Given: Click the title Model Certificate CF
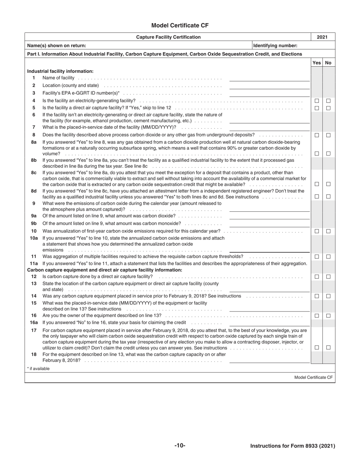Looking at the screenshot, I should pos(180,25).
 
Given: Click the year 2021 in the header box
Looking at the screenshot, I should pos(322,37).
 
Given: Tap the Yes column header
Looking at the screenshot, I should pos(316,63).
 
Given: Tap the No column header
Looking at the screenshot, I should pos(328,63).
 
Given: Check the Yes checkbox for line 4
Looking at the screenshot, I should pos(317,101).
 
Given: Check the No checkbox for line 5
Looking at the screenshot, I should pos(329,108).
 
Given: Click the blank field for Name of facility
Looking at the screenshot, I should pos(269,78).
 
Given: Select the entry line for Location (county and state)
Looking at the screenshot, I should pos(269,86).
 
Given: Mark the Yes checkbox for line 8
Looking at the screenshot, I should pos(317,135).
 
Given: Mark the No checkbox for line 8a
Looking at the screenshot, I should pos(329,154).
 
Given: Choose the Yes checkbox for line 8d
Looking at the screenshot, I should pos(317,197).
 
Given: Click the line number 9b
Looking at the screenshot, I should pos(34,224).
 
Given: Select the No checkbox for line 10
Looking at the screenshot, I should pos(329,231).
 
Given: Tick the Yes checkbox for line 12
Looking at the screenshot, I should pos(317,277).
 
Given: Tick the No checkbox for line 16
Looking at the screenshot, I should pos(329,316).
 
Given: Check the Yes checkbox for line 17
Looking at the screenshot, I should pos(317,347).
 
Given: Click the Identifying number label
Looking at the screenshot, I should pos(275,46).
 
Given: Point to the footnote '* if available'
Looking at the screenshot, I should pos(38,369).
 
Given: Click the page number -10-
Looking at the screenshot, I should pos(180,446).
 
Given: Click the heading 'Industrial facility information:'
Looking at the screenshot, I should pos(60,71).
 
